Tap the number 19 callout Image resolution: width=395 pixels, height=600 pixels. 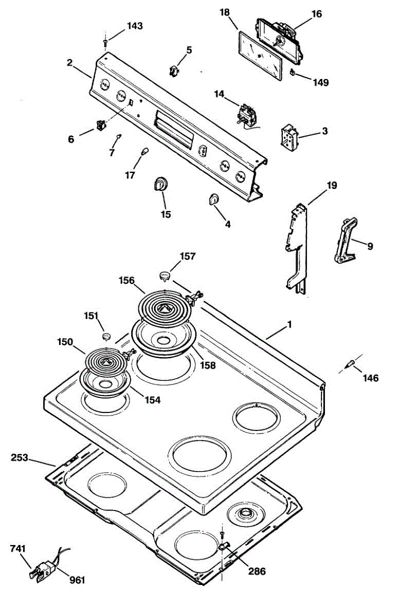coord(332,185)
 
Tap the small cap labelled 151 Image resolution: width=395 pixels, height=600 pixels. coord(106,334)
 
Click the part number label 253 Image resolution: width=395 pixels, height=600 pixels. coord(21,457)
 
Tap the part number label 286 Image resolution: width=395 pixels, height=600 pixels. coord(256,571)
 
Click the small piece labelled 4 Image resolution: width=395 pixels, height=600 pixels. coord(212,199)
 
